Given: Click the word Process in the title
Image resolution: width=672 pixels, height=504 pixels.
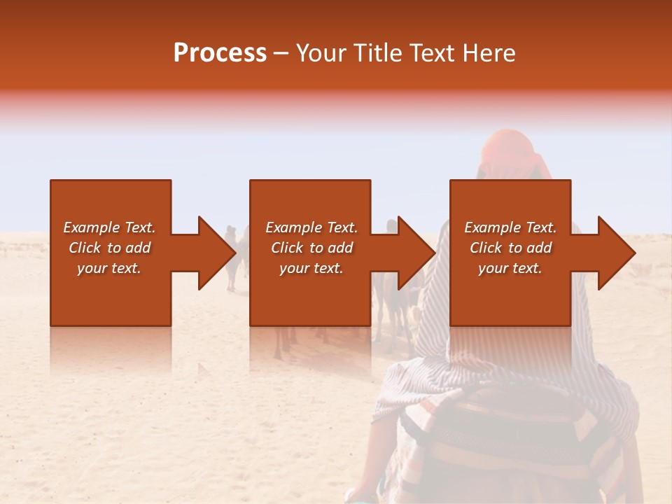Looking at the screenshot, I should (x=220, y=53).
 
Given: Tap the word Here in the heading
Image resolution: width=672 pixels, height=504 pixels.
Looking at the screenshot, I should (x=489, y=53).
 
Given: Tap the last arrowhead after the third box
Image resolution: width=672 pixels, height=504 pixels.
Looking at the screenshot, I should (x=615, y=253).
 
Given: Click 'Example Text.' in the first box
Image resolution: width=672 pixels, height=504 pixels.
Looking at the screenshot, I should (x=109, y=227).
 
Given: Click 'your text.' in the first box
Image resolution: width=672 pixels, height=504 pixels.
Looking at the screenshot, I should (x=109, y=268).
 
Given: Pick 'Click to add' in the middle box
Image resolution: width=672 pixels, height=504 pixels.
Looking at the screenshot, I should (x=311, y=248).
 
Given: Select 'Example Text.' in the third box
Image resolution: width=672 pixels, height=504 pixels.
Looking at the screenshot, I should (x=510, y=227).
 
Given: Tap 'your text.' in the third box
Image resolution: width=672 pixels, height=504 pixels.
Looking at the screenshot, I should (x=510, y=268).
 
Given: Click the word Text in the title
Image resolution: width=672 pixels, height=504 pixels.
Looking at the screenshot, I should (x=435, y=53).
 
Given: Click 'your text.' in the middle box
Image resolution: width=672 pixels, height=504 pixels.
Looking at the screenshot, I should (x=311, y=268).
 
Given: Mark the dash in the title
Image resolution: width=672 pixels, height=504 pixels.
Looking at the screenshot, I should (x=281, y=54).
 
